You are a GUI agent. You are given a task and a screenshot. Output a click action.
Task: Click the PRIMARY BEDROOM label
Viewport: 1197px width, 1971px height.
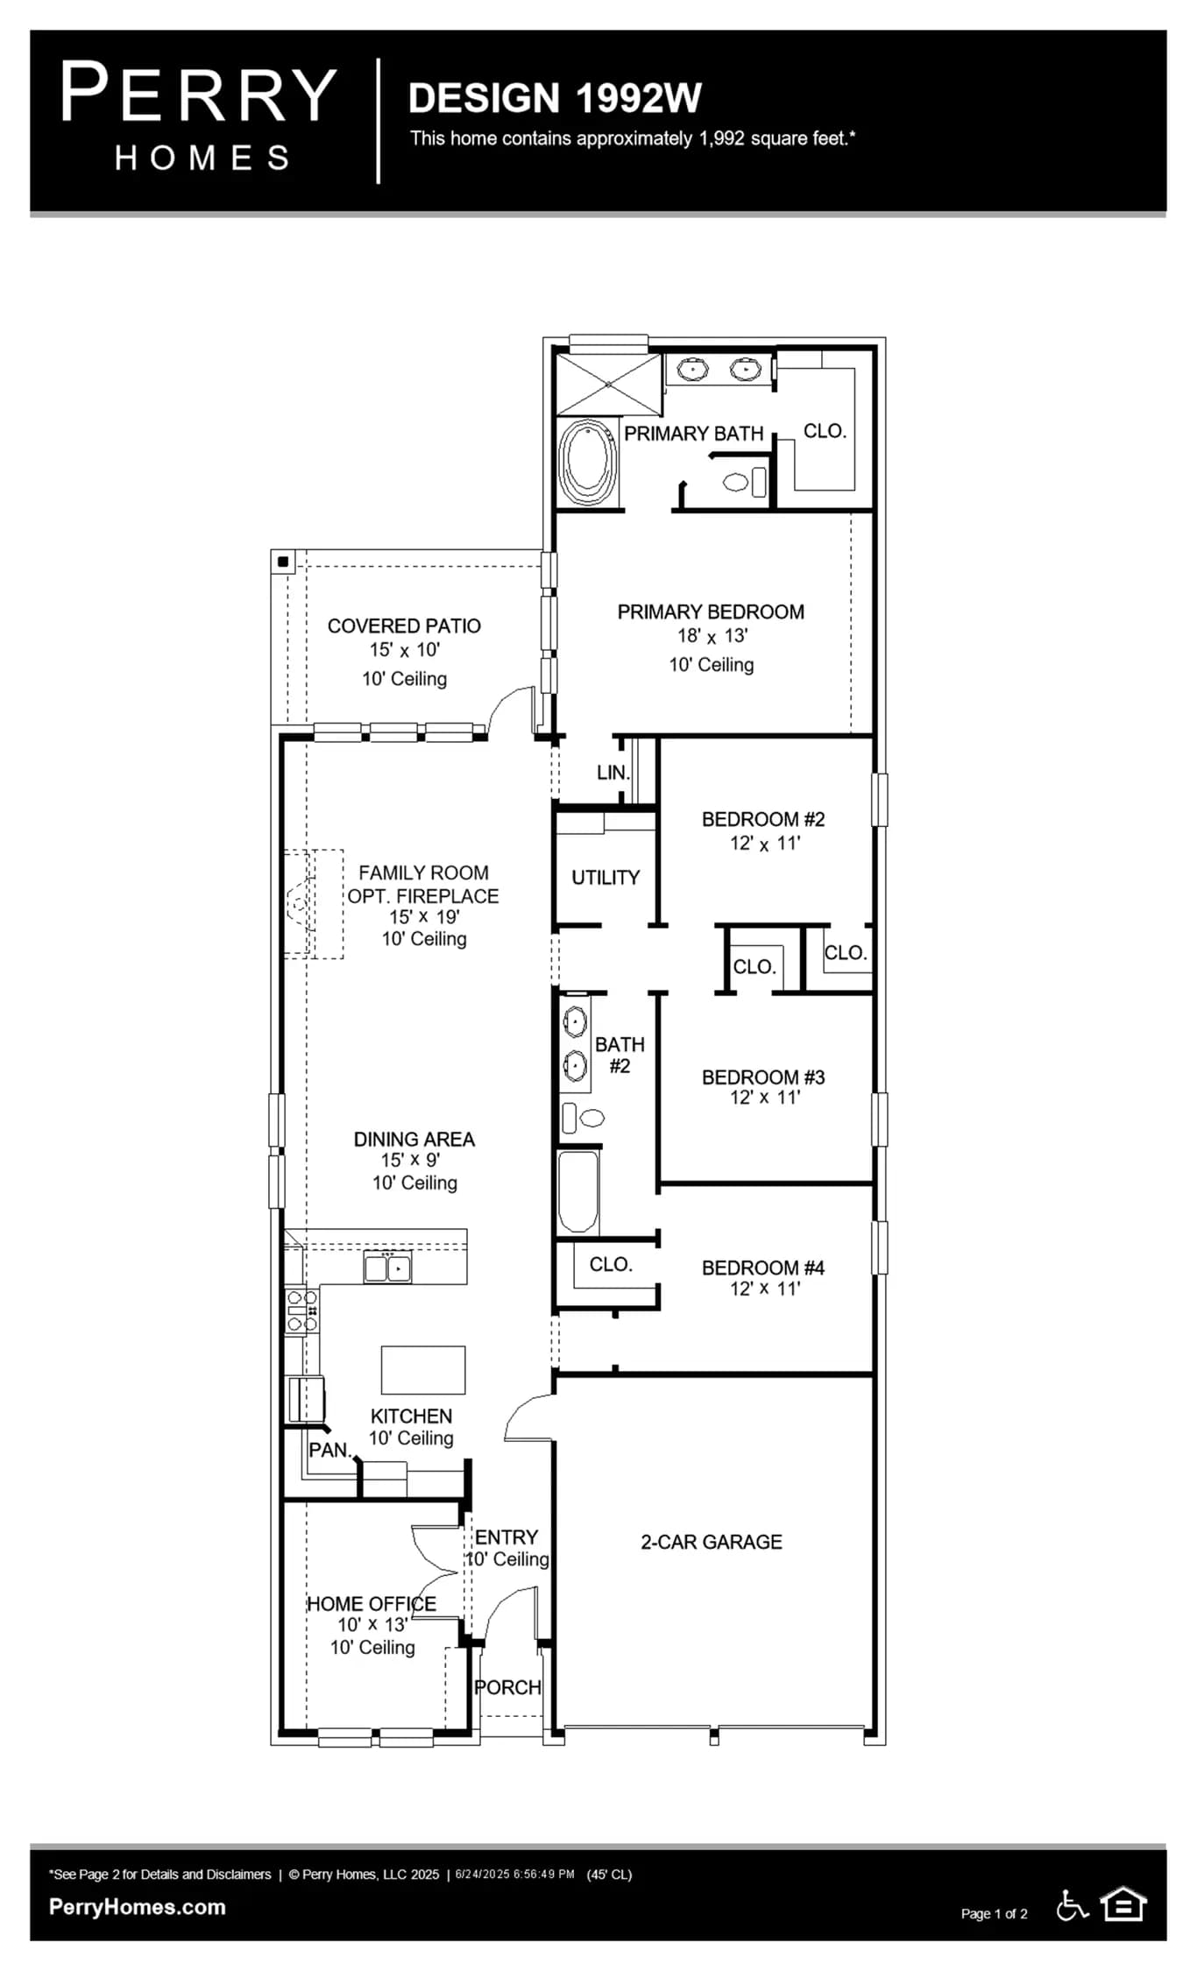(711, 611)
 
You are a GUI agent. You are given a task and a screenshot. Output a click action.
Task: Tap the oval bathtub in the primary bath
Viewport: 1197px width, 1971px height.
(587, 462)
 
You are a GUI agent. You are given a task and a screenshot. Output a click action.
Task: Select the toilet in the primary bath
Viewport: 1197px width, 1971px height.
(744, 482)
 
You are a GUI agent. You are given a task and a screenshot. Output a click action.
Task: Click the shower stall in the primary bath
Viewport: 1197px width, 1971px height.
(609, 384)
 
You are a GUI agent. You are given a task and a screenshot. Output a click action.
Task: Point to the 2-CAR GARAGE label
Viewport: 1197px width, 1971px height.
(711, 1542)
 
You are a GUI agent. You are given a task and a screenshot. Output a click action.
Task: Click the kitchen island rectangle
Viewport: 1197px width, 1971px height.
(423, 1369)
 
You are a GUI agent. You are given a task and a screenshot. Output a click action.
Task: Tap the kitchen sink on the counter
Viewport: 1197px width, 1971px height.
(387, 1268)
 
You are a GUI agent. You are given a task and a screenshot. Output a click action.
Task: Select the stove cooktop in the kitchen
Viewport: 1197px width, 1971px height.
(301, 1310)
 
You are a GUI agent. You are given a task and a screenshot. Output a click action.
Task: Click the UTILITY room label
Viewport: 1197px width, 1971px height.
(606, 877)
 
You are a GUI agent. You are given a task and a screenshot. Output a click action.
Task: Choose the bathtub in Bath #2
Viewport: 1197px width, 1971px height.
(578, 1191)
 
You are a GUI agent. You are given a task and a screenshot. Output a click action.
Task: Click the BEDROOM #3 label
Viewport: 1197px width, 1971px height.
(763, 1077)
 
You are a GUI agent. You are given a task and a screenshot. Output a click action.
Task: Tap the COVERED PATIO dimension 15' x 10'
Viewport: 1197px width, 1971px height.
(404, 650)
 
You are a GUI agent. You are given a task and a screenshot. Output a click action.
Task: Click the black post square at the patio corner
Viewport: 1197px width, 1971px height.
(283, 562)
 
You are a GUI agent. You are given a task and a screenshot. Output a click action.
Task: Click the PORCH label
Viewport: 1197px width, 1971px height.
(507, 1687)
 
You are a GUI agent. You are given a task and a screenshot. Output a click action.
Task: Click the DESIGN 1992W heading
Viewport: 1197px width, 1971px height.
(555, 98)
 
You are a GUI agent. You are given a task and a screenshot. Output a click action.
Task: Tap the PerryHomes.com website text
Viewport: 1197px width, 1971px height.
(138, 1907)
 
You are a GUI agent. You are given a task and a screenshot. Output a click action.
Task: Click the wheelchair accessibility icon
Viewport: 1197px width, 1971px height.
(1072, 1904)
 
